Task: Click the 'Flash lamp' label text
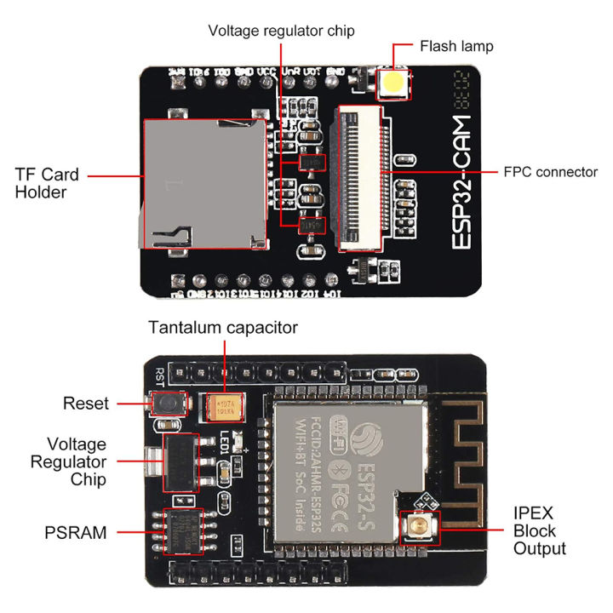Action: [456, 46]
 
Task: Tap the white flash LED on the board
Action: [393, 83]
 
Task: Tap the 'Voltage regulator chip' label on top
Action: [281, 31]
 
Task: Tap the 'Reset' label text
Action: [86, 403]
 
